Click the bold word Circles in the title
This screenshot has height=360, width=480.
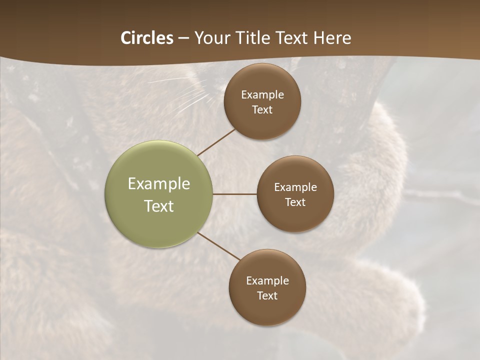click(146, 38)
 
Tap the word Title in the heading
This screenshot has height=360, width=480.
click(259, 38)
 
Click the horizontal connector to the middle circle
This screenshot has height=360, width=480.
click(234, 194)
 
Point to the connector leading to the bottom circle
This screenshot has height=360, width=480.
click(219, 246)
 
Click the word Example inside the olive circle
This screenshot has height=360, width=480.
click(159, 184)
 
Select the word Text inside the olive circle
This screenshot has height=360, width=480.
click(159, 206)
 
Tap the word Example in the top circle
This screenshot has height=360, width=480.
click(262, 95)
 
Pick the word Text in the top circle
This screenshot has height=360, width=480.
click(262, 110)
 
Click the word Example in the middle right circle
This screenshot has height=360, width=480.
click(295, 187)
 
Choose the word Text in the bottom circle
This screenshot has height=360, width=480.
click(267, 296)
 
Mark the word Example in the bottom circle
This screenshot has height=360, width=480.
click(267, 281)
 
